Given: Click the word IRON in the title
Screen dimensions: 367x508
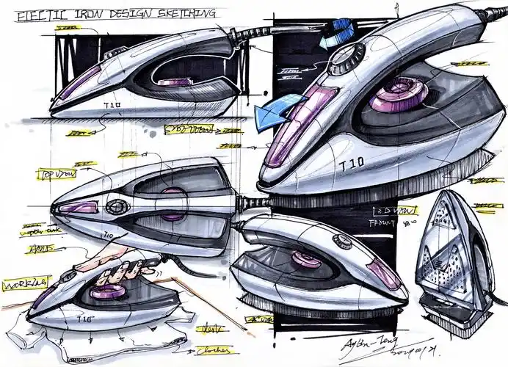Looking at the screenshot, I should (94, 13).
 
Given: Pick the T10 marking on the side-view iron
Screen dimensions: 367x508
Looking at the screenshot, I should (112, 104).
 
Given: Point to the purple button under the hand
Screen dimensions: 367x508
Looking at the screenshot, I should (109, 291).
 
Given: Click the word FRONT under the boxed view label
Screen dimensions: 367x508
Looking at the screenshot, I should (379, 219).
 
